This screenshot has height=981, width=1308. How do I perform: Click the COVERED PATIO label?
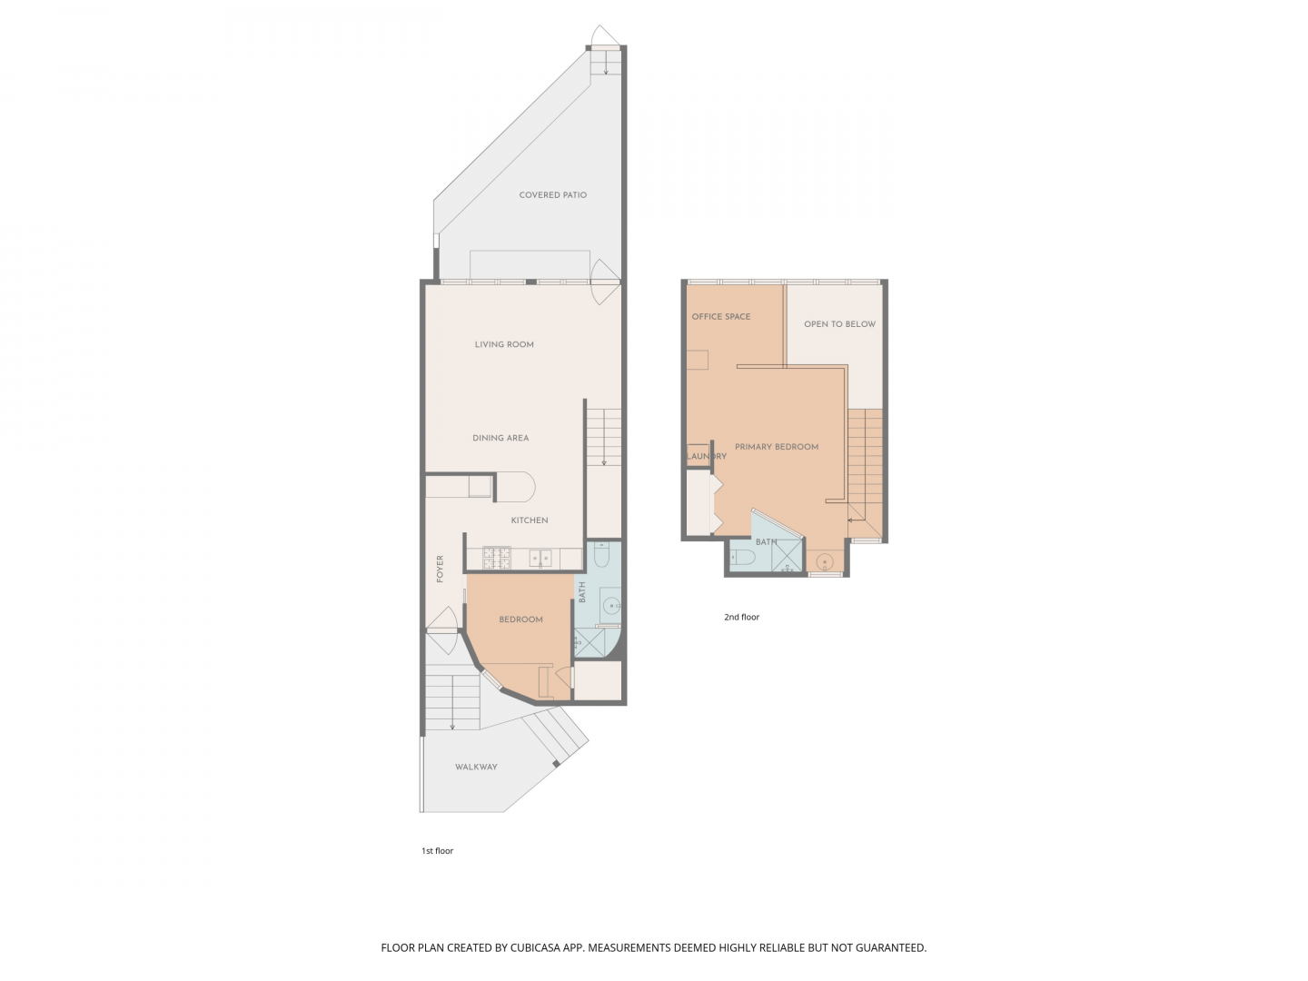(552, 195)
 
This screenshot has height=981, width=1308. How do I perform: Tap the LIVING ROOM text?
(504, 344)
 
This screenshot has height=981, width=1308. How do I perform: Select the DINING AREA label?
(500, 438)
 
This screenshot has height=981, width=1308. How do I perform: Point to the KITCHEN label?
(530, 520)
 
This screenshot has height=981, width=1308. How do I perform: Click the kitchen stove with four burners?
(496, 558)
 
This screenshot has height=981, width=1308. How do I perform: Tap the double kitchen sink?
(540, 559)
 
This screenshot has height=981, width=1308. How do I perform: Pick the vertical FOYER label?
(441, 569)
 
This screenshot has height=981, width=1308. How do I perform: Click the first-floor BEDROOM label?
(520, 619)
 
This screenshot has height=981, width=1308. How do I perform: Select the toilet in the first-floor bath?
(601, 555)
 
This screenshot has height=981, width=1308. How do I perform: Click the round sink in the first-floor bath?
(612, 604)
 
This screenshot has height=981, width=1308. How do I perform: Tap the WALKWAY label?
(476, 768)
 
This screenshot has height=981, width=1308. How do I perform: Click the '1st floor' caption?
(437, 851)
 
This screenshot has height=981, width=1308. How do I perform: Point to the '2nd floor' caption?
(741, 618)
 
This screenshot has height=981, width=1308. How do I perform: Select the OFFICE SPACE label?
(721, 317)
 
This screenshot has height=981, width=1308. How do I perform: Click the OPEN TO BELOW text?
(839, 324)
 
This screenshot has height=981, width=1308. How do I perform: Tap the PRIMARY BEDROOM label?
(777, 447)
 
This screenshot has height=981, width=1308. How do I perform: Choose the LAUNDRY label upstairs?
(707, 456)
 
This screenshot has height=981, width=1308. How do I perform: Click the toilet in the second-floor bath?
(743, 557)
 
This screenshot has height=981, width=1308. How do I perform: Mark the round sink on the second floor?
(825, 561)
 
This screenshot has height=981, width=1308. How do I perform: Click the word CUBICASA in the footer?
(528, 947)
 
